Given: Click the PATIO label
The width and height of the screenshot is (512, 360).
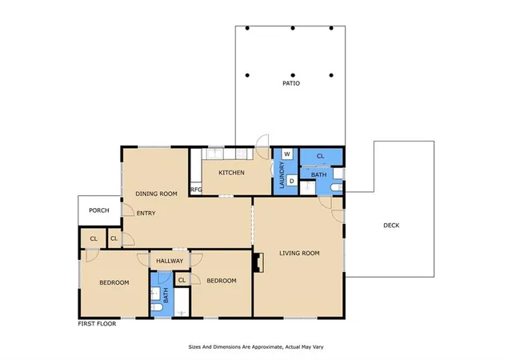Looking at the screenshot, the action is tap(291, 83).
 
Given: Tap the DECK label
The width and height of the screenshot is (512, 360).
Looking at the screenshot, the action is tap(391, 225).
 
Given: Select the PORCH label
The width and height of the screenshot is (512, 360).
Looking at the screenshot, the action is tap(99, 210).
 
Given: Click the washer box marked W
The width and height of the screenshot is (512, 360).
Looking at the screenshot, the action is tap(287, 154).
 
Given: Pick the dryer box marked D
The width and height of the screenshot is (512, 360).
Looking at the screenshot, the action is tap(292, 181).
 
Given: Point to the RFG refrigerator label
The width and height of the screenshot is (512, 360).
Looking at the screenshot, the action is tap(196, 190).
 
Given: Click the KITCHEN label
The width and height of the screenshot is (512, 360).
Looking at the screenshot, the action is tap(231, 173).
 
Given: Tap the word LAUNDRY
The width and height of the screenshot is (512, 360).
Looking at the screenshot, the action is tap(282, 175).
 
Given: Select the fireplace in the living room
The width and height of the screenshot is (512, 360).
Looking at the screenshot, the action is tap(258, 262).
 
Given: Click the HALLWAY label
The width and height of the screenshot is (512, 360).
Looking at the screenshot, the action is tap(170, 261).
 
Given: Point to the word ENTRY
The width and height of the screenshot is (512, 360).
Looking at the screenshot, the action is tap(146, 214).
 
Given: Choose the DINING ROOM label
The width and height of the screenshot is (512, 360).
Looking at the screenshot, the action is tap(157, 194).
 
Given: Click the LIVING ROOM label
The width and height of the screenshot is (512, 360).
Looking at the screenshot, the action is tap(299, 253).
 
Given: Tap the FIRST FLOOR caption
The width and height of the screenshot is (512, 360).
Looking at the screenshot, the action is tap(97, 324).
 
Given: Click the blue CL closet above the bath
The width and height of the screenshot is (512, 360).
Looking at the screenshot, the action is tap(321, 157).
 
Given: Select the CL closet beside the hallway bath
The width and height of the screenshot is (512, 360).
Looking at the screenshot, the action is tap(182, 280).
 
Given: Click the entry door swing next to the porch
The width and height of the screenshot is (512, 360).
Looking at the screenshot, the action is tap(128, 210).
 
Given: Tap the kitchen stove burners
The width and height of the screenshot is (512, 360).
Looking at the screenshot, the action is tap(241, 154).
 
